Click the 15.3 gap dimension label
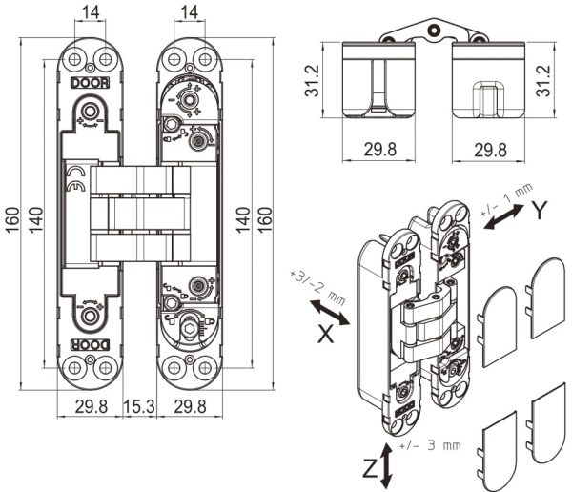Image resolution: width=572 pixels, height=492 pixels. [139, 406]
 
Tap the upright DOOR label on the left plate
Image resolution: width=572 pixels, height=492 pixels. [91, 83]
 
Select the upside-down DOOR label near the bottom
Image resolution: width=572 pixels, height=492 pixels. [91, 344]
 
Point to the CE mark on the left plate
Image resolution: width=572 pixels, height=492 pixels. [76, 179]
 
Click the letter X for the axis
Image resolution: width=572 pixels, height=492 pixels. [326, 334]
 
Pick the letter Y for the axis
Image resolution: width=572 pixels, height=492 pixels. [540, 211]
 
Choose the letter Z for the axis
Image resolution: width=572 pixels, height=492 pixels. [371, 469]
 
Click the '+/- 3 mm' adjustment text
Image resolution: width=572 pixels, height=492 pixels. [430, 445]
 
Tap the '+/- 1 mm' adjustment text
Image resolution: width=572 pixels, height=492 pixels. [507, 199]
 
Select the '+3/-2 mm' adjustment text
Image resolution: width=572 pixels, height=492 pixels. [317, 288]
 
